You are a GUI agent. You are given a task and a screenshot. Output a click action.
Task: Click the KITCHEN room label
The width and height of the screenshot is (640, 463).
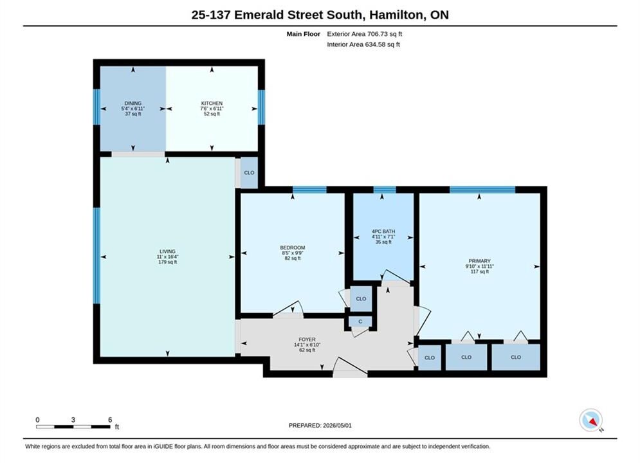(x=212, y=103)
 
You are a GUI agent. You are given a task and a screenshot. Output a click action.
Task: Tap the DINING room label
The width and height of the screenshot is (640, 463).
(x=133, y=103)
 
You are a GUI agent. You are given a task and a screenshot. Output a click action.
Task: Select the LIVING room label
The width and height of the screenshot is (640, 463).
(x=167, y=251)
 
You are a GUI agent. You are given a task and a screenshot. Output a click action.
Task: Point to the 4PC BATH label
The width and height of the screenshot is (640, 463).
(x=383, y=232)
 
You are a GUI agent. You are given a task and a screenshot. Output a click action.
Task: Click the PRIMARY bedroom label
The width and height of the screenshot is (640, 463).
(x=480, y=261)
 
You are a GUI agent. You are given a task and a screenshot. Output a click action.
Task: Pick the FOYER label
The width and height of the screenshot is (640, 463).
(x=307, y=340)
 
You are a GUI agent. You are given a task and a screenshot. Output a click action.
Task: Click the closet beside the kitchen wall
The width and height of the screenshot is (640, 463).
(x=249, y=173)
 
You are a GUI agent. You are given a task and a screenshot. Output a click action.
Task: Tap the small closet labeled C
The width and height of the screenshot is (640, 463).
(x=360, y=322)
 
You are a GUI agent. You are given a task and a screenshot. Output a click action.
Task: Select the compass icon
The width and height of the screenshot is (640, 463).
(x=590, y=420)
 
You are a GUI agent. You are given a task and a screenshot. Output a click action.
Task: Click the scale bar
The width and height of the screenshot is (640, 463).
(x=73, y=427)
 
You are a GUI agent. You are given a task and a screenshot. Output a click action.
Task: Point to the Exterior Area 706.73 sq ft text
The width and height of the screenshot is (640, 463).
(x=365, y=34)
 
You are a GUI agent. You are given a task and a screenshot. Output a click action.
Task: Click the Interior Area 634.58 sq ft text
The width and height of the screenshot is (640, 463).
(x=363, y=44)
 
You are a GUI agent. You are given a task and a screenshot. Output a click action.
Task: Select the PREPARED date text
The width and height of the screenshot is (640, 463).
(x=320, y=426)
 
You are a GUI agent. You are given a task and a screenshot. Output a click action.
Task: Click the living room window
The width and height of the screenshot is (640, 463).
(x=96, y=256)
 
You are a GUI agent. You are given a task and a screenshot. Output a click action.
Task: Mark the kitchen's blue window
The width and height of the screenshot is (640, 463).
(x=261, y=107)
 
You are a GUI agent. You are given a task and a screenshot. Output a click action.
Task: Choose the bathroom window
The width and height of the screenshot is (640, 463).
(x=385, y=190)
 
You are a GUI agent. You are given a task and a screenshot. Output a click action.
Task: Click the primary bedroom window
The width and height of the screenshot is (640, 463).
(x=482, y=190)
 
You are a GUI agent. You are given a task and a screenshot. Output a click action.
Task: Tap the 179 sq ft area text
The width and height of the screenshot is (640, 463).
(x=167, y=262)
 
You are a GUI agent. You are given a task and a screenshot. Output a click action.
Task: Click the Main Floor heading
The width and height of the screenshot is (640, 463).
(x=303, y=34)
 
